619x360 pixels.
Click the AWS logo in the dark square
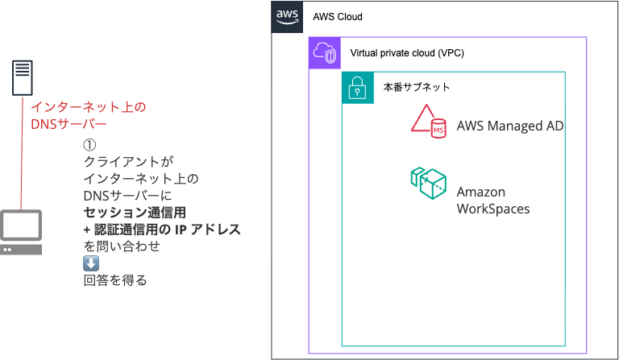pyautogui.click(x=287, y=17)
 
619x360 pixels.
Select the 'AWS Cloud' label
pyautogui.click(x=338, y=17)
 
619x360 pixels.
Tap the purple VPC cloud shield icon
pyautogui.click(x=325, y=53)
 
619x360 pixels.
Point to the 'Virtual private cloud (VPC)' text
pyautogui.click(x=407, y=53)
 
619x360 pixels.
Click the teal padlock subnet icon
pyautogui.click(x=358, y=88)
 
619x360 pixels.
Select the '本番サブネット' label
pyautogui.click(x=417, y=87)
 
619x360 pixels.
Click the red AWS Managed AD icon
pyautogui.click(x=428, y=121)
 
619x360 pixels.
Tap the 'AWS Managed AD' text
pyautogui.click(x=510, y=126)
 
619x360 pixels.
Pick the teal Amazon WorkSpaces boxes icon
pyautogui.click(x=428, y=184)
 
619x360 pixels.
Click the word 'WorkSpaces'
pyautogui.click(x=493, y=209)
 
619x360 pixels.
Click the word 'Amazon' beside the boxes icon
pyautogui.click(x=481, y=192)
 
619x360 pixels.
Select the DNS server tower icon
pyautogui.click(x=22, y=77)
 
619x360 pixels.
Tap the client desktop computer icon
pyautogui.click(x=21, y=232)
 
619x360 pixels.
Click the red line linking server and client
pyautogui.click(x=22, y=152)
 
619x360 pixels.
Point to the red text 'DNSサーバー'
pyautogui.click(x=69, y=124)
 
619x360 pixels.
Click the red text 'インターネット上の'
pyautogui.click(x=89, y=107)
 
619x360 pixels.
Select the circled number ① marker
pyautogui.click(x=89, y=145)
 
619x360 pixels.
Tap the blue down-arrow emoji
pyautogui.click(x=91, y=263)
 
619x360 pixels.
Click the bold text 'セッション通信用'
pyautogui.click(x=135, y=213)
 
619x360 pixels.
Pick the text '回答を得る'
pyautogui.click(x=115, y=280)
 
